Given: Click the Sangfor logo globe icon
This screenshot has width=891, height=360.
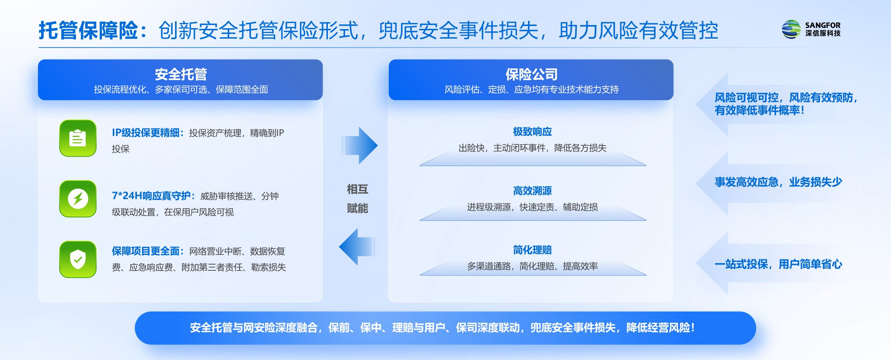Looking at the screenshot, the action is pyautogui.click(x=791, y=29).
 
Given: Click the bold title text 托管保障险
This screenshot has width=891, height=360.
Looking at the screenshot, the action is pyautogui.click(x=88, y=30).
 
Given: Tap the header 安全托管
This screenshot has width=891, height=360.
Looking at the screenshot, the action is pyautogui.click(x=181, y=74).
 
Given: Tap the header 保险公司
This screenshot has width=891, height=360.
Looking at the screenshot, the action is pyautogui.click(x=531, y=74).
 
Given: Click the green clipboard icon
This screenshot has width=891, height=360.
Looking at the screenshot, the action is pyautogui.click(x=78, y=138).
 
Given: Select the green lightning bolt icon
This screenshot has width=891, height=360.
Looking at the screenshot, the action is pyautogui.click(x=78, y=199).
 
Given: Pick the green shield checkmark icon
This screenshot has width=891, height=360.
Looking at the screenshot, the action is pyautogui.click(x=78, y=259).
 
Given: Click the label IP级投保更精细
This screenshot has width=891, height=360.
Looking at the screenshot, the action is pyautogui.click(x=145, y=133).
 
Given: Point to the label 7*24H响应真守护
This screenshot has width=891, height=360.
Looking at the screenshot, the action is pyautogui.click(x=151, y=196).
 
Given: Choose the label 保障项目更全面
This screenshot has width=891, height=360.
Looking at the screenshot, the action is pyautogui.click(x=145, y=251).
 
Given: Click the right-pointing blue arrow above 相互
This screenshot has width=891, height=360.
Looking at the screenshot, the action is pyautogui.click(x=359, y=146).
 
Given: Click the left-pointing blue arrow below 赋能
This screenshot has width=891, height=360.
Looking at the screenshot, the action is pyautogui.click(x=357, y=247).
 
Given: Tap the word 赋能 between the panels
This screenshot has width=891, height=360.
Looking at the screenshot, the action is pyautogui.click(x=357, y=208).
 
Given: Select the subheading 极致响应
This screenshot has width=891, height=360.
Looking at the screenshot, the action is pyautogui.click(x=533, y=132).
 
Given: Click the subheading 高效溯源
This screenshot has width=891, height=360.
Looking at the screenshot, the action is pyautogui.click(x=533, y=191).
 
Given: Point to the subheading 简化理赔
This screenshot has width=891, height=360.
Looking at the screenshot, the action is pyautogui.click(x=533, y=250).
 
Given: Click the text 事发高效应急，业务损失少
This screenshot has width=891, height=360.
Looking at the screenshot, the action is pyautogui.click(x=779, y=182).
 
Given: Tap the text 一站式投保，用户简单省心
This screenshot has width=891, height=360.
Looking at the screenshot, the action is pyautogui.click(x=779, y=264).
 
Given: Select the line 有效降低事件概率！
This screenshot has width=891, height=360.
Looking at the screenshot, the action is pyautogui.click(x=760, y=110).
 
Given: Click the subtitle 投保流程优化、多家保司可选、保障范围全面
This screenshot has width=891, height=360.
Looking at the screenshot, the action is pyautogui.click(x=181, y=89).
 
